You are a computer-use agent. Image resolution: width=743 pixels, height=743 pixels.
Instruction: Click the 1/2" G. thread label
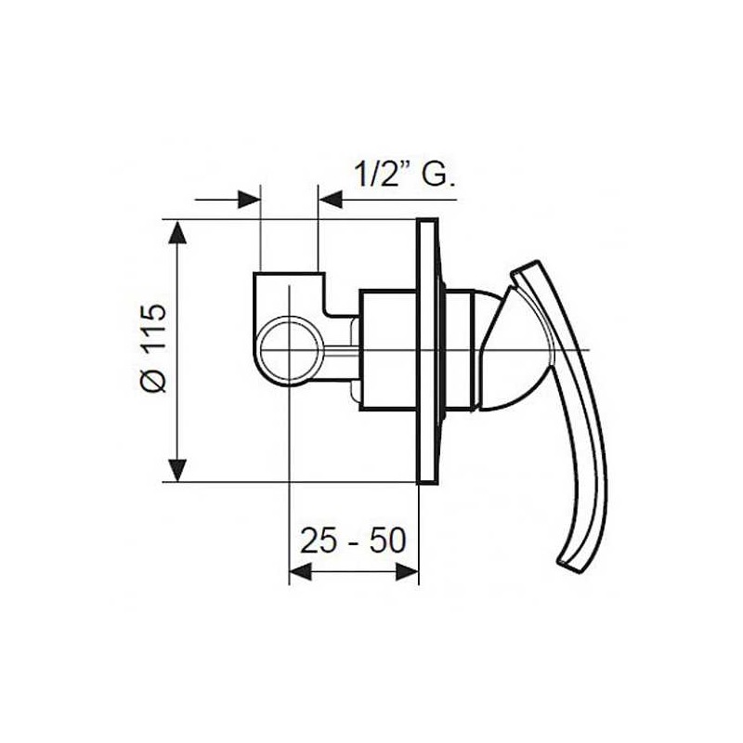(x=404, y=175)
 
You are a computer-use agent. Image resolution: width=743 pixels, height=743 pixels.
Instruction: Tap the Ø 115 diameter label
(x=155, y=347)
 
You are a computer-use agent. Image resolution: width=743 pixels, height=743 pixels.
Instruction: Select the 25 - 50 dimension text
(x=353, y=541)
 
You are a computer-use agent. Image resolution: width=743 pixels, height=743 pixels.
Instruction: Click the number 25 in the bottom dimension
(x=318, y=541)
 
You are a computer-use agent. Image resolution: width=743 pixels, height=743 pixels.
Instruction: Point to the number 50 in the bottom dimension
(x=388, y=541)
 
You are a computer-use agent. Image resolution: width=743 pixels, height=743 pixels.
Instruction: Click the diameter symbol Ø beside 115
(x=155, y=381)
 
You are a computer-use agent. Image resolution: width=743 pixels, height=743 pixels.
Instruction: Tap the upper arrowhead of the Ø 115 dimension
(x=177, y=234)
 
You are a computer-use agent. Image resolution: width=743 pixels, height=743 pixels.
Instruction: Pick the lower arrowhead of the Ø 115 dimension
(x=177, y=469)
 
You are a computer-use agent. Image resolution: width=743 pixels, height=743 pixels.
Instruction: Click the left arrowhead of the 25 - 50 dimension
(x=301, y=572)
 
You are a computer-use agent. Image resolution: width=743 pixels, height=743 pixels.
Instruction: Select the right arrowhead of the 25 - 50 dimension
(x=407, y=572)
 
